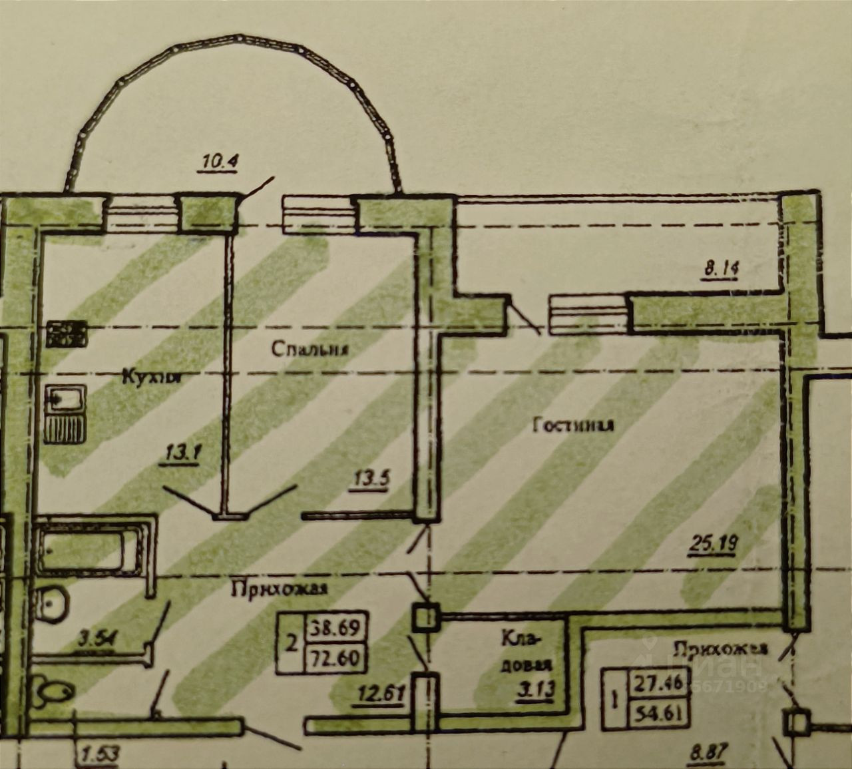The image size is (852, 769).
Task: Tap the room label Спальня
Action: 310,348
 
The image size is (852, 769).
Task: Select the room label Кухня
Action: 152,377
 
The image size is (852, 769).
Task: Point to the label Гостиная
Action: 573,425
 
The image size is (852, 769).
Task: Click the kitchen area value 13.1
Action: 180,454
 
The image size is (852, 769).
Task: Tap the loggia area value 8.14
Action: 721,269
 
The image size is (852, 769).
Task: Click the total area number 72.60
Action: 335,659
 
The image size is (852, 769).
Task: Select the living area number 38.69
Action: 335,627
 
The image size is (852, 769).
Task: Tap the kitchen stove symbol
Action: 67,334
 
